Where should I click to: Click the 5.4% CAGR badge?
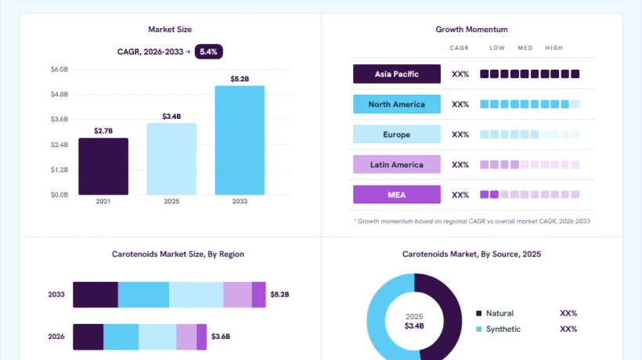click(x=209, y=52)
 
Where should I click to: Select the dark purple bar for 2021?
click(x=103, y=167)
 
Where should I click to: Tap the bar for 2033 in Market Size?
click(x=240, y=140)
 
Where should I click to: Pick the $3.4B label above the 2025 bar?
click(x=171, y=117)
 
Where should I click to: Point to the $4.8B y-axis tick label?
click(x=60, y=94)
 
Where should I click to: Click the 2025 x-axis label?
click(x=171, y=201)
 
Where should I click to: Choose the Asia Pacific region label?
click(x=397, y=74)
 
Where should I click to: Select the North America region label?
click(x=397, y=104)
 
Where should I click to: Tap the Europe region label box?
click(x=397, y=134)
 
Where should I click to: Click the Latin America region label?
click(x=397, y=164)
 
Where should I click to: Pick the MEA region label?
click(x=397, y=195)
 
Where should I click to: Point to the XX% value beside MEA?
click(x=460, y=195)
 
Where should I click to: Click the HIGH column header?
click(x=554, y=48)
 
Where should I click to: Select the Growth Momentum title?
click(x=471, y=30)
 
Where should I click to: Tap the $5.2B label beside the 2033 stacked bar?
click(x=280, y=294)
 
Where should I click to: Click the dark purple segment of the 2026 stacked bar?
click(x=88, y=337)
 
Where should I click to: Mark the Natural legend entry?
click(x=495, y=313)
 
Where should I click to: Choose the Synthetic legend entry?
click(x=498, y=329)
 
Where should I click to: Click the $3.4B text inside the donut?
click(x=414, y=326)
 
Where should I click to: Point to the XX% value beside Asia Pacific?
click(x=460, y=74)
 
